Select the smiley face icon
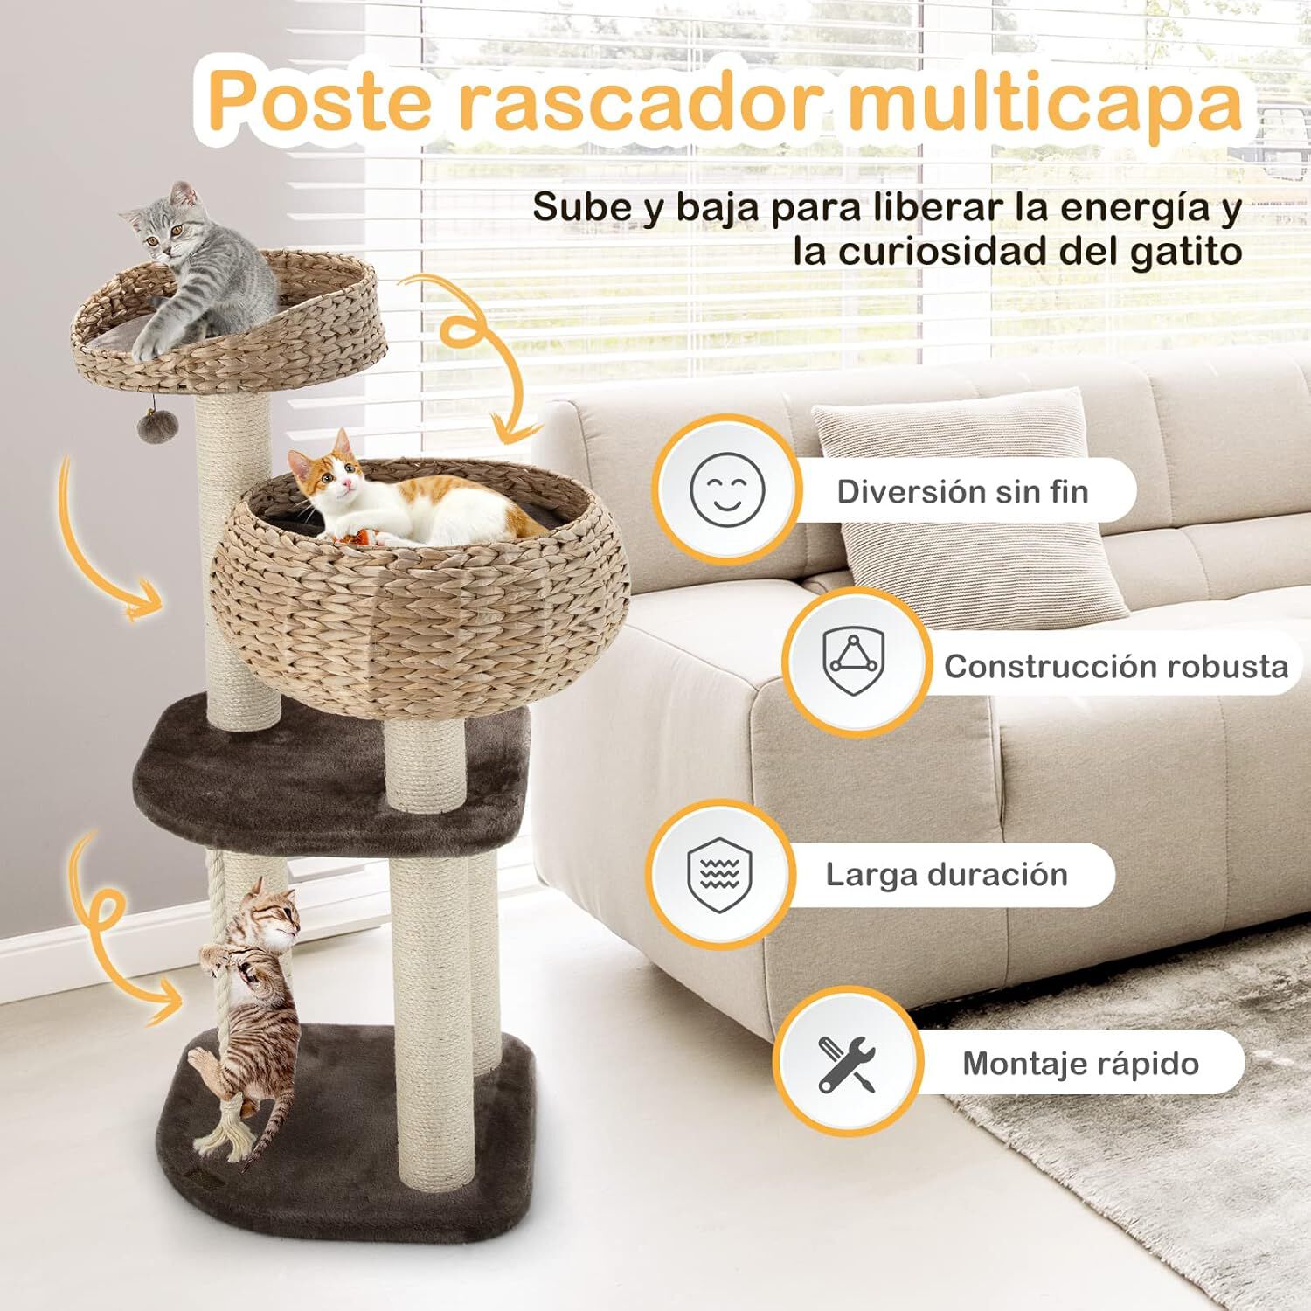(x=726, y=490)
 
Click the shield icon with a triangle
(x=853, y=662)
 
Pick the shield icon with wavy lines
(x=719, y=874)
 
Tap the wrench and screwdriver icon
(x=846, y=1063)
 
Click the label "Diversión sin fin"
(x=962, y=492)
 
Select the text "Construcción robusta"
(x=1115, y=667)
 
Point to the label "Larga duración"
(x=947, y=875)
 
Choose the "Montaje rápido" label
(x=1080, y=1064)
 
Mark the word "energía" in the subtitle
(x=1127, y=208)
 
